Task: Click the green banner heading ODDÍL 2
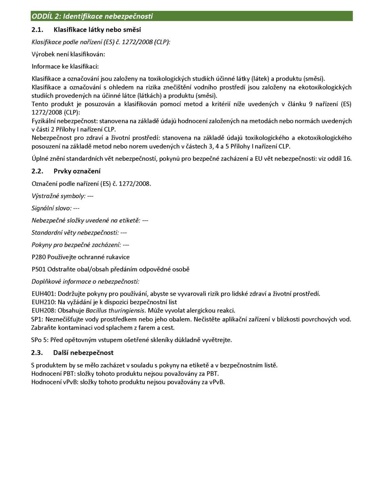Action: (92, 16)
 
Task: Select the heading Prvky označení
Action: (77, 171)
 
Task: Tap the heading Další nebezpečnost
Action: (83, 353)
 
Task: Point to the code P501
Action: (38, 269)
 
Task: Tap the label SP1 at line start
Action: (37, 319)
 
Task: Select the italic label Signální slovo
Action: (51, 208)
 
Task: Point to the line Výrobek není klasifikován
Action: (68, 54)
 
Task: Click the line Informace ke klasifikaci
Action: (65, 67)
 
